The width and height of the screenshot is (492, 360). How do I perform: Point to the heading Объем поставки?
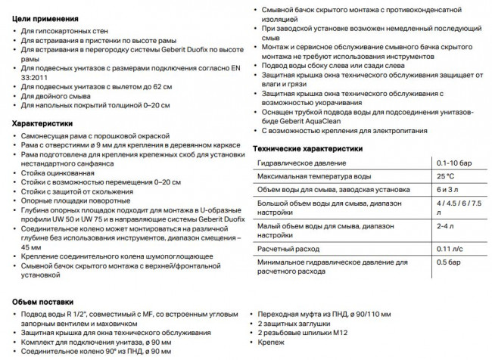pos(43,301)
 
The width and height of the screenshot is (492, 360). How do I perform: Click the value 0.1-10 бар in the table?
pos(452,163)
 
